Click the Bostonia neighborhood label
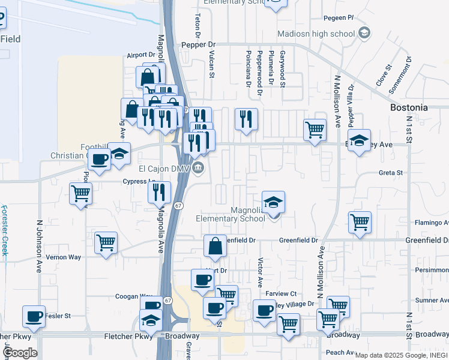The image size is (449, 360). [x=409, y=107]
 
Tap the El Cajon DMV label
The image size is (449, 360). [x=164, y=169]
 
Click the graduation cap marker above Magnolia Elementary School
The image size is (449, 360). [x=273, y=202]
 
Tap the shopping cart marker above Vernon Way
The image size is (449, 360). [x=106, y=243]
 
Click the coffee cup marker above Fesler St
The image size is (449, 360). [x=34, y=316]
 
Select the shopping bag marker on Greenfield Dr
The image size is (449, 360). [x=215, y=246]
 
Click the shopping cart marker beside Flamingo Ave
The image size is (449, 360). [x=360, y=222]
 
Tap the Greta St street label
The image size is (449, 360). [x=390, y=173]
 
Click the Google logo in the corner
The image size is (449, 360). [x=20, y=353]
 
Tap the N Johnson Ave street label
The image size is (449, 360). [x=40, y=242]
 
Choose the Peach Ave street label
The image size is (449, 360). [x=339, y=352]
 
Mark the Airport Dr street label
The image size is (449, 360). [x=141, y=55]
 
